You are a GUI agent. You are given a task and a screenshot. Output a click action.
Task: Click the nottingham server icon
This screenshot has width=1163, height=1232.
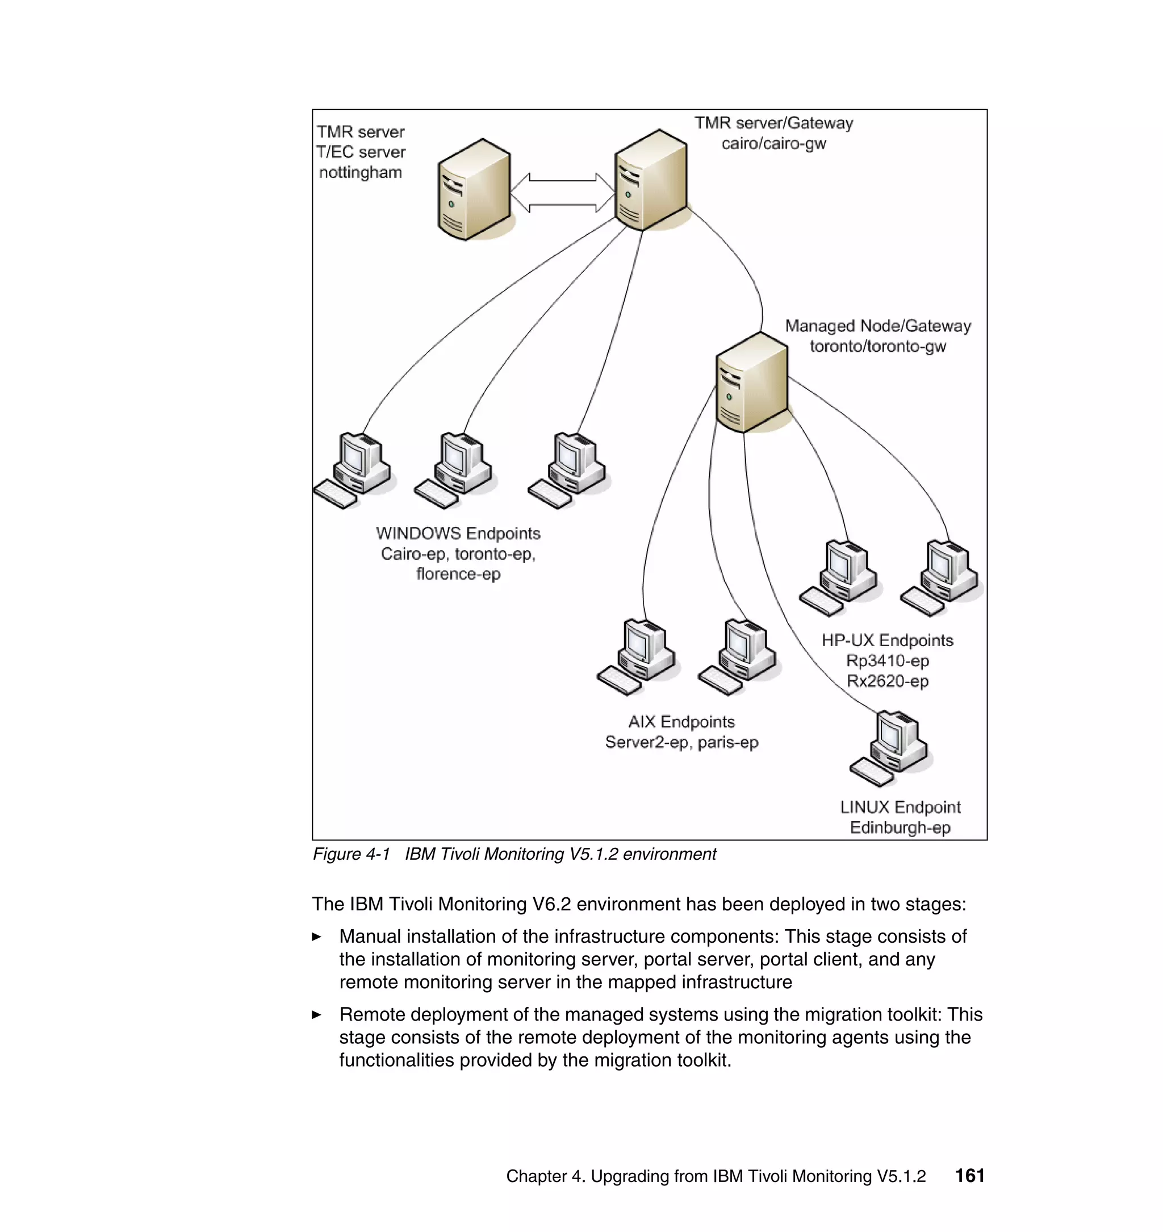coord(474,189)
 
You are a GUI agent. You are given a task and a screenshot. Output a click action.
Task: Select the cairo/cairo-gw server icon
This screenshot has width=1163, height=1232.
coord(650,180)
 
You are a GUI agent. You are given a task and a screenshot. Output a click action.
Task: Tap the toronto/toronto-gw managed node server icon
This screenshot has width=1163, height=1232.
coord(751,382)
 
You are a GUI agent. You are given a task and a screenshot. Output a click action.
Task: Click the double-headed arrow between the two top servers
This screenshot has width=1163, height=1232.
coord(562,193)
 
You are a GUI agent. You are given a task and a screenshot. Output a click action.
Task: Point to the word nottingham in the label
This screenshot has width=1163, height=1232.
coord(360,172)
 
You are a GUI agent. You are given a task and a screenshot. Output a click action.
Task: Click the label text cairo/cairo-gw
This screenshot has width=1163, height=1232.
coord(773,143)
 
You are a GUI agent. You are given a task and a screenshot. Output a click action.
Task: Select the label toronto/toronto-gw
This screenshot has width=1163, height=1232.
coord(877,346)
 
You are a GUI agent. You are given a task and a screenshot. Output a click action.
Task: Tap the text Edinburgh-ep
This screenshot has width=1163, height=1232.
coord(900,827)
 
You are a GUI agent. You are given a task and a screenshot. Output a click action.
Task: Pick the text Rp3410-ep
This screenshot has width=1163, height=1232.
coord(887,661)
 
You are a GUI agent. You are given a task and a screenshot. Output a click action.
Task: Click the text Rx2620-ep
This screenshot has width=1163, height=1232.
coord(887,681)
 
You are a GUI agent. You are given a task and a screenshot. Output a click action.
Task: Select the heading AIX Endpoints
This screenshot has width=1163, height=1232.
coord(681,722)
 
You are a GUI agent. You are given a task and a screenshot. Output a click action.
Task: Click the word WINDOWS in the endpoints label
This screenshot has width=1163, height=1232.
coord(418,534)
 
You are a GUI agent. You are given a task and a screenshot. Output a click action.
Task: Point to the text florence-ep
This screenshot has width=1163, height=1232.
coord(458,574)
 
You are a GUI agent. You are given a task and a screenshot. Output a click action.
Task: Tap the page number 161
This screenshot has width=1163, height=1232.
coord(969,1176)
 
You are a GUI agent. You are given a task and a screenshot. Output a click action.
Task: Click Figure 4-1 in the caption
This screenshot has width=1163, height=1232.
coord(351,854)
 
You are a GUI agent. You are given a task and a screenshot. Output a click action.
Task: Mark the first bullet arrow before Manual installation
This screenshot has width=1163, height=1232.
coord(317,937)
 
